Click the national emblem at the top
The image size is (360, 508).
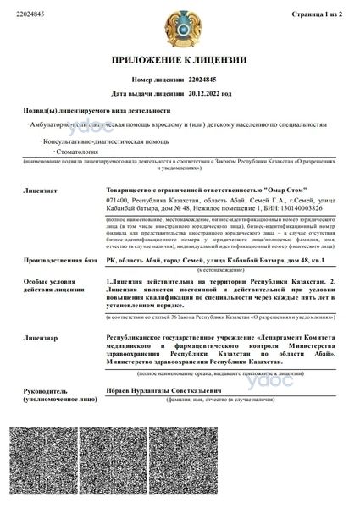click(x=180, y=25)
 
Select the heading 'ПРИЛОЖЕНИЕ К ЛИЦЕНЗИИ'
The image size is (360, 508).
click(x=180, y=60)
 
